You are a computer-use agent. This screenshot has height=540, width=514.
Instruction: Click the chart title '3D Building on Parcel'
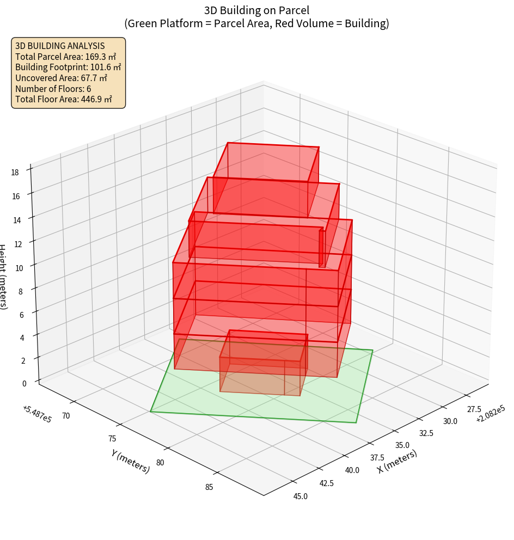click(x=256, y=10)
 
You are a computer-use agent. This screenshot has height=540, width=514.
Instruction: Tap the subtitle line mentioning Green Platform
click(x=256, y=23)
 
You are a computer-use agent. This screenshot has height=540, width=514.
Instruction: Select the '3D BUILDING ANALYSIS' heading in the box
click(x=60, y=46)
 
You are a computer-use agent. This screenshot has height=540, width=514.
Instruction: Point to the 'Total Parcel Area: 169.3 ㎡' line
click(x=65, y=57)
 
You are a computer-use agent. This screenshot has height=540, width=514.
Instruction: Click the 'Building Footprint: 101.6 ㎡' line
click(x=68, y=67)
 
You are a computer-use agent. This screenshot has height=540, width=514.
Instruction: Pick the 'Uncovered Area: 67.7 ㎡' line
click(x=61, y=78)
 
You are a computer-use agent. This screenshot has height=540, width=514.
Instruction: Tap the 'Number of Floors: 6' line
click(x=53, y=88)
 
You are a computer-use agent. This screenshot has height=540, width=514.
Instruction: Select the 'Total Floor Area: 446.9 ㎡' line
click(x=64, y=99)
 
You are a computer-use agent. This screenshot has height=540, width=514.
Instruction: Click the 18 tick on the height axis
click(x=15, y=173)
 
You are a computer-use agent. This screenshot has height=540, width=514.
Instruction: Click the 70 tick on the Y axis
click(x=66, y=416)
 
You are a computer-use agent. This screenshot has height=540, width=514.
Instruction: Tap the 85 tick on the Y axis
click(x=209, y=487)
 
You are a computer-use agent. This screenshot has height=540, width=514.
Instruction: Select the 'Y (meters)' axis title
click(x=131, y=461)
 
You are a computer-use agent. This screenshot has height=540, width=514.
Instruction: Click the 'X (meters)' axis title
click(x=397, y=461)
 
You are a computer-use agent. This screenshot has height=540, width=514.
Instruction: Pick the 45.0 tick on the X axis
click(x=300, y=496)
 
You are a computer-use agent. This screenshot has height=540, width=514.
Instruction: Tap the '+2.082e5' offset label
click(x=490, y=414)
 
